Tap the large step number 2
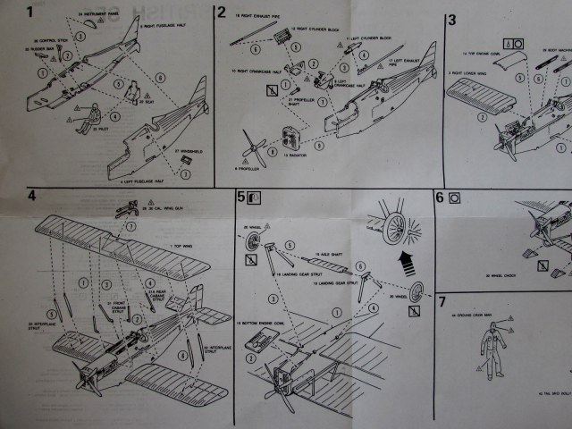point(221,13)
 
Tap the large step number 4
point(32,197)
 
